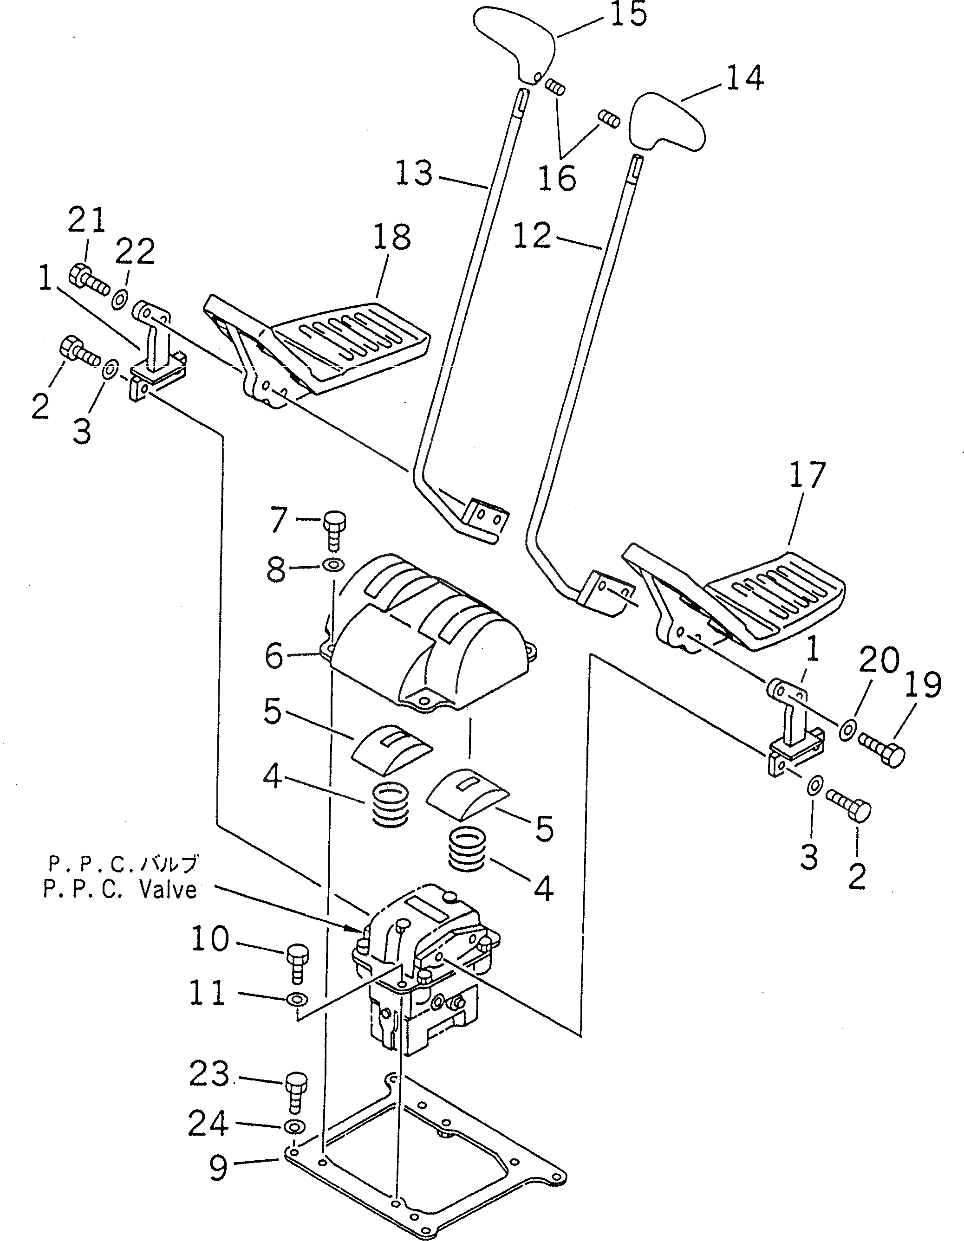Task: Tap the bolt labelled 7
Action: [335, 527]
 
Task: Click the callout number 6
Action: [274, 656]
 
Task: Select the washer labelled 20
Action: [847, 729]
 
